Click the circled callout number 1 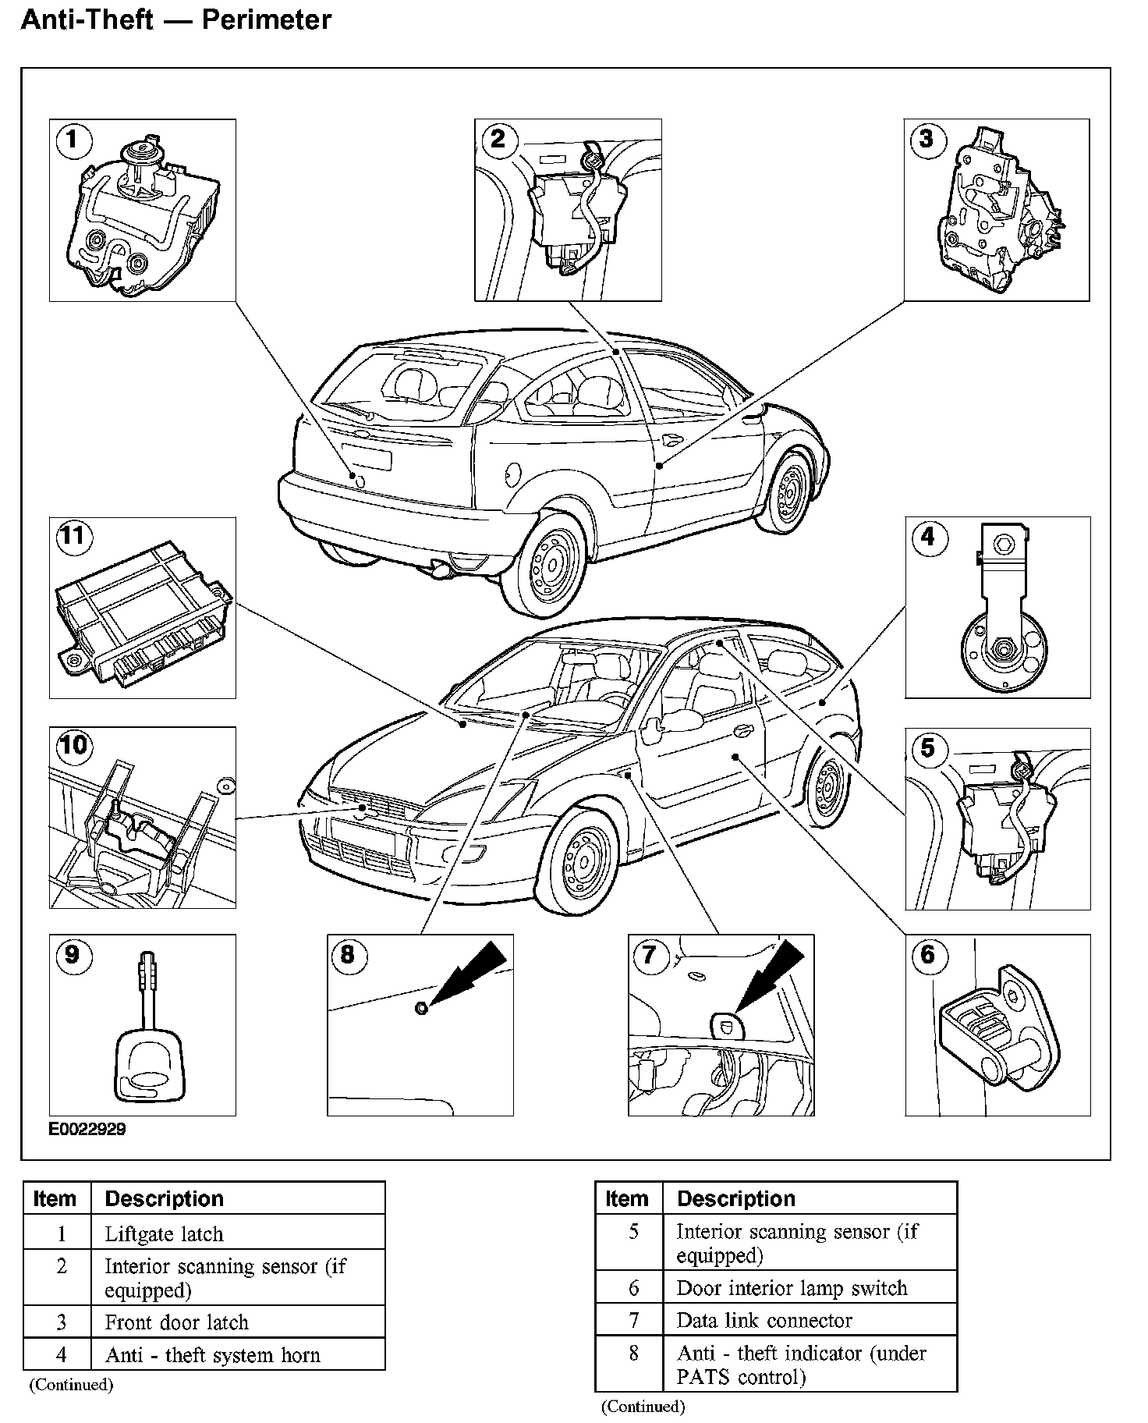click(x=73, y=140)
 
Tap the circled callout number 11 click(x=73, y=538)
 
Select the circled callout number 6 click(x=927, y=954)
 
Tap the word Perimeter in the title click(x=267, y=20)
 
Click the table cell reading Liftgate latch click(x=164, y=1234)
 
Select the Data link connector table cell click(x=764, y=1320)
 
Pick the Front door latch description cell click(x=176, y=1322)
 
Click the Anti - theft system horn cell click(x=213, y=1355)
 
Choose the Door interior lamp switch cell click(x=792, y=1288)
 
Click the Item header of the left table click(x=55, y=1198)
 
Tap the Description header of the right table click(x=735, y=1198)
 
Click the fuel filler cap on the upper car click(x=513, y=473)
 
